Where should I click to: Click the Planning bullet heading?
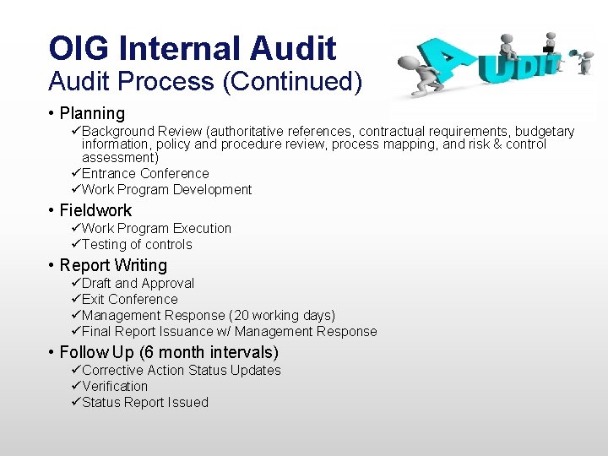tap(92, 113)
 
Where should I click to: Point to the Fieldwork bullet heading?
tap(95, 210)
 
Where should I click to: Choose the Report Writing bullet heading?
tap(113, 265)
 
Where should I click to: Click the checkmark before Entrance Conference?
tap(75, 173)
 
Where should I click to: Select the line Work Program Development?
tap(166, 189)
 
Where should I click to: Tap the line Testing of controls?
tap(137, 244)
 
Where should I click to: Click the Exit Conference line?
tap(129, 299)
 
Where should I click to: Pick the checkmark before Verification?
tap(75, 386)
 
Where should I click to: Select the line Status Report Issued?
tap(144, 402)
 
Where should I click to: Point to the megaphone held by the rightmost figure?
tap(574, 52)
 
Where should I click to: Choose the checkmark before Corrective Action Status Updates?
tap(75, 370)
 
